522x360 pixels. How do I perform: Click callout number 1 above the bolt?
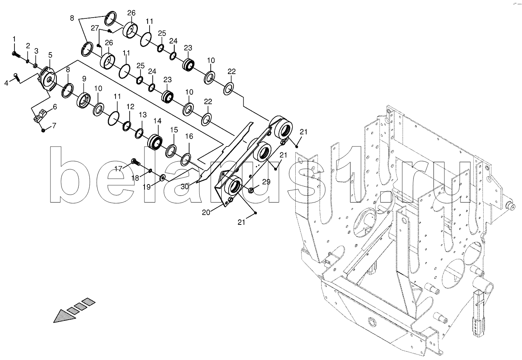[14, 39]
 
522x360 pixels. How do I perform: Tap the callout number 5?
[51, 55]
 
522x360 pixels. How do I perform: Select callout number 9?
[84, 79]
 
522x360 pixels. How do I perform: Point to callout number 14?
[157, 121]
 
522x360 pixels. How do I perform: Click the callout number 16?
[189, 136]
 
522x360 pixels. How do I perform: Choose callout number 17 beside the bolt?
[118, 168]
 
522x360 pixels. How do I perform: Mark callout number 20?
[206, 212]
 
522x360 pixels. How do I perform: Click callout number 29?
[266, 182]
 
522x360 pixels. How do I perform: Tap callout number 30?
[184, 186]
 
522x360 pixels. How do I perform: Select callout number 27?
[95, 28]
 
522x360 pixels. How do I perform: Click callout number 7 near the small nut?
[54, 126]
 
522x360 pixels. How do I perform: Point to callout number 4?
[6, 83]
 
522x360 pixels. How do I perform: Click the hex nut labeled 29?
[251, 190]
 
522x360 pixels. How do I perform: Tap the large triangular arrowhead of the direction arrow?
[65, 317]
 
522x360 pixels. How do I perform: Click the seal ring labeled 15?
[171, 151]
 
